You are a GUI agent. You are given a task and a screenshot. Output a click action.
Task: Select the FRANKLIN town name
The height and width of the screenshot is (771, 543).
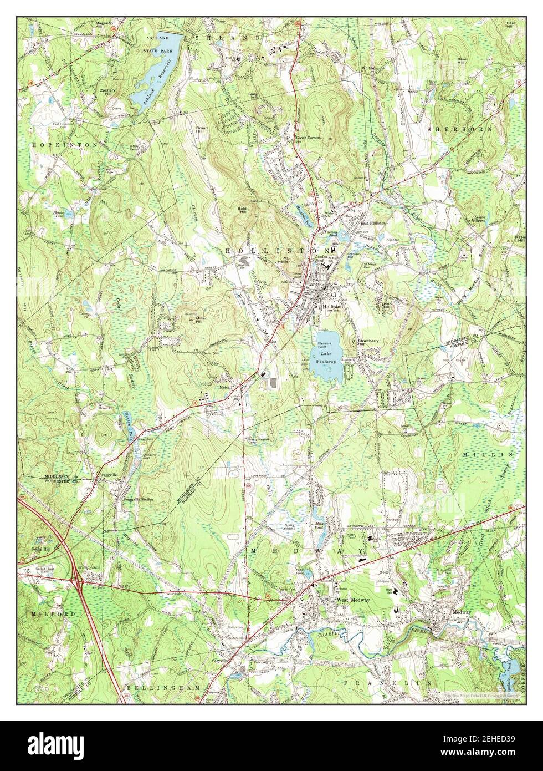point(387,682)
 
